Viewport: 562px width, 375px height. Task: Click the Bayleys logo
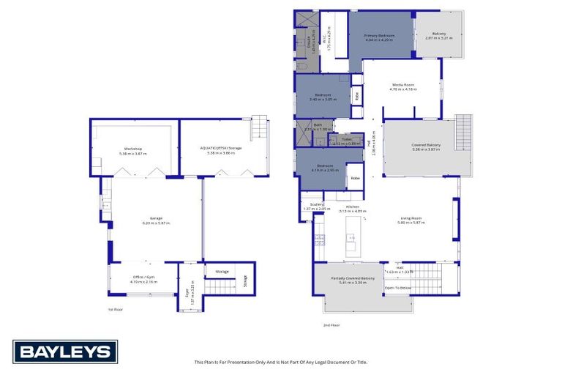(x=64, y=352)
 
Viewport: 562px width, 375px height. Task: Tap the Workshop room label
(x=133, y=151)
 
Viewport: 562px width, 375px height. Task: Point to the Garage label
(x=156, y=220)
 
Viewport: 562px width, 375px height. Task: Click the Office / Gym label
(x=143, y=279)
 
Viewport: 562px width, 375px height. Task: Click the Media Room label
(x=404, y=86)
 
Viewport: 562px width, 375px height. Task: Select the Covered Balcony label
(x=426, y=146)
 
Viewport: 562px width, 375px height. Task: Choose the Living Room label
(x=411, y=220)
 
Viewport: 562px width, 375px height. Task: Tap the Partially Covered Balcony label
(x=353, y=280)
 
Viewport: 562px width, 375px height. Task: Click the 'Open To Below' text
(x=398, y=288)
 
